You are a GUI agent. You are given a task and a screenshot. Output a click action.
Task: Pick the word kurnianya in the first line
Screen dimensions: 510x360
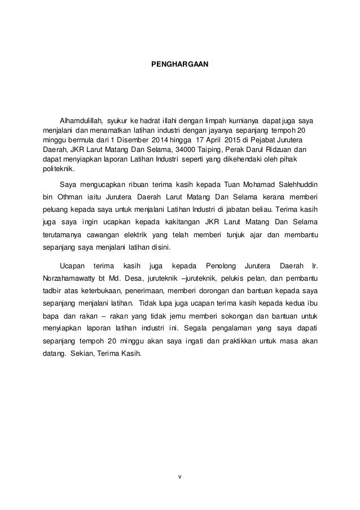tap(240, 121)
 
